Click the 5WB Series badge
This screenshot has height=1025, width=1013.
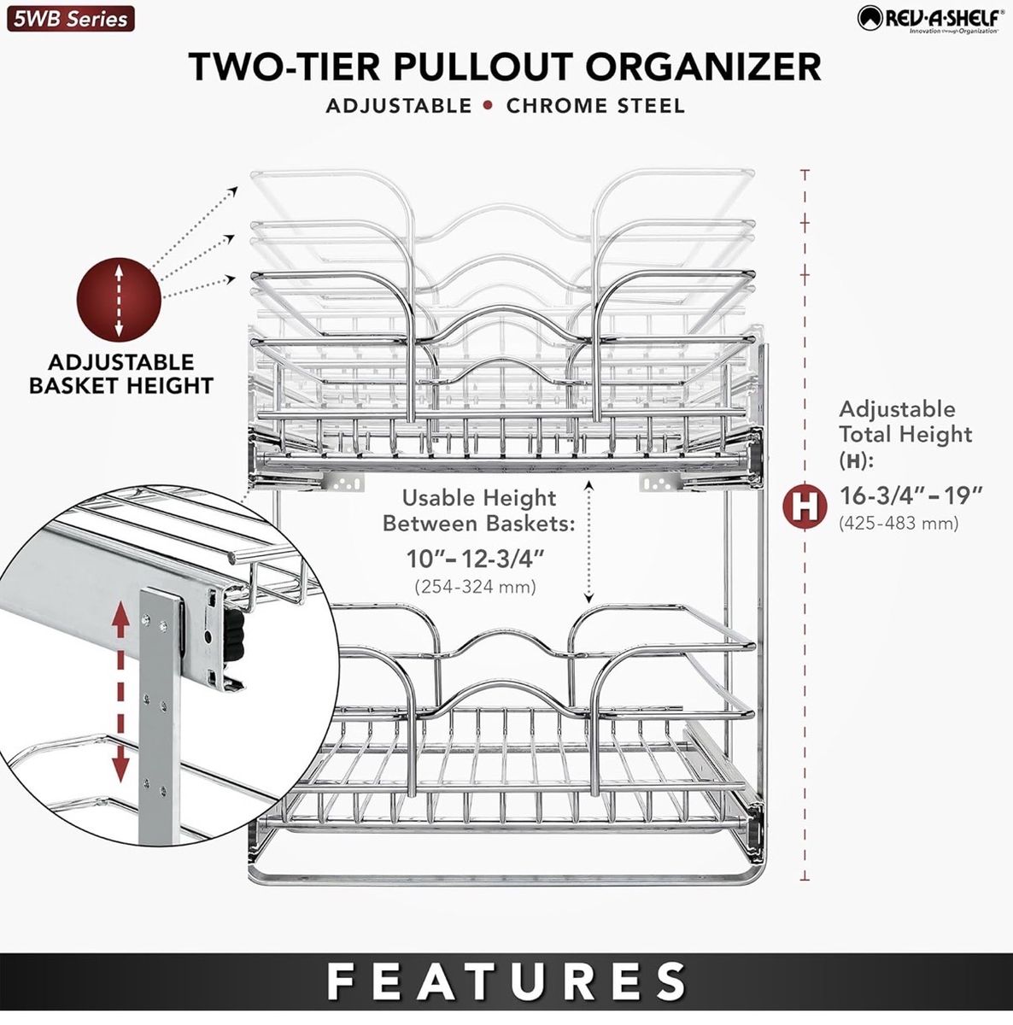[71, 19]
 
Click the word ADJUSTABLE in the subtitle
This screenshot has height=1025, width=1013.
[398, 106]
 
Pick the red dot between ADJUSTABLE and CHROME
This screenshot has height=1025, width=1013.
[489, 106]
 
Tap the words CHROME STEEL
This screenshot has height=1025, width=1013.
[595, 106]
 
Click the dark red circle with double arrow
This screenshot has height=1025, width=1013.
[120, 299]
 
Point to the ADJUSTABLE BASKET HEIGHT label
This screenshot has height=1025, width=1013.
[121, 374]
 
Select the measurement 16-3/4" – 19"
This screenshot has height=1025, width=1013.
[911, 495]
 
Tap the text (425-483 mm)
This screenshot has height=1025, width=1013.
[899, 523]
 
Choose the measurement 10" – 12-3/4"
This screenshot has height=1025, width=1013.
[476, 559]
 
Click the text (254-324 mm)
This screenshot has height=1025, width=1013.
[475, 587]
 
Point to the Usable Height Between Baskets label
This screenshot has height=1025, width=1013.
[478, 510]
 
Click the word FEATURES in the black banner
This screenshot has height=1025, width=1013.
[506, 981]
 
